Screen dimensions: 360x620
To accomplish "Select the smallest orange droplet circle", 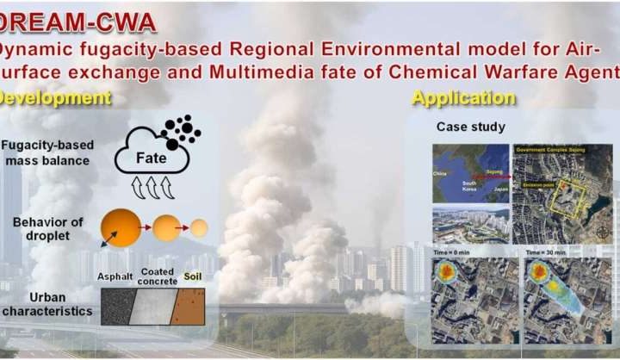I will [199, 228].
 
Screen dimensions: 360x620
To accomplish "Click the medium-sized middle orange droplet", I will [166, 228].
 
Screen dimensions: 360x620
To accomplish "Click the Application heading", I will [463, 97].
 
